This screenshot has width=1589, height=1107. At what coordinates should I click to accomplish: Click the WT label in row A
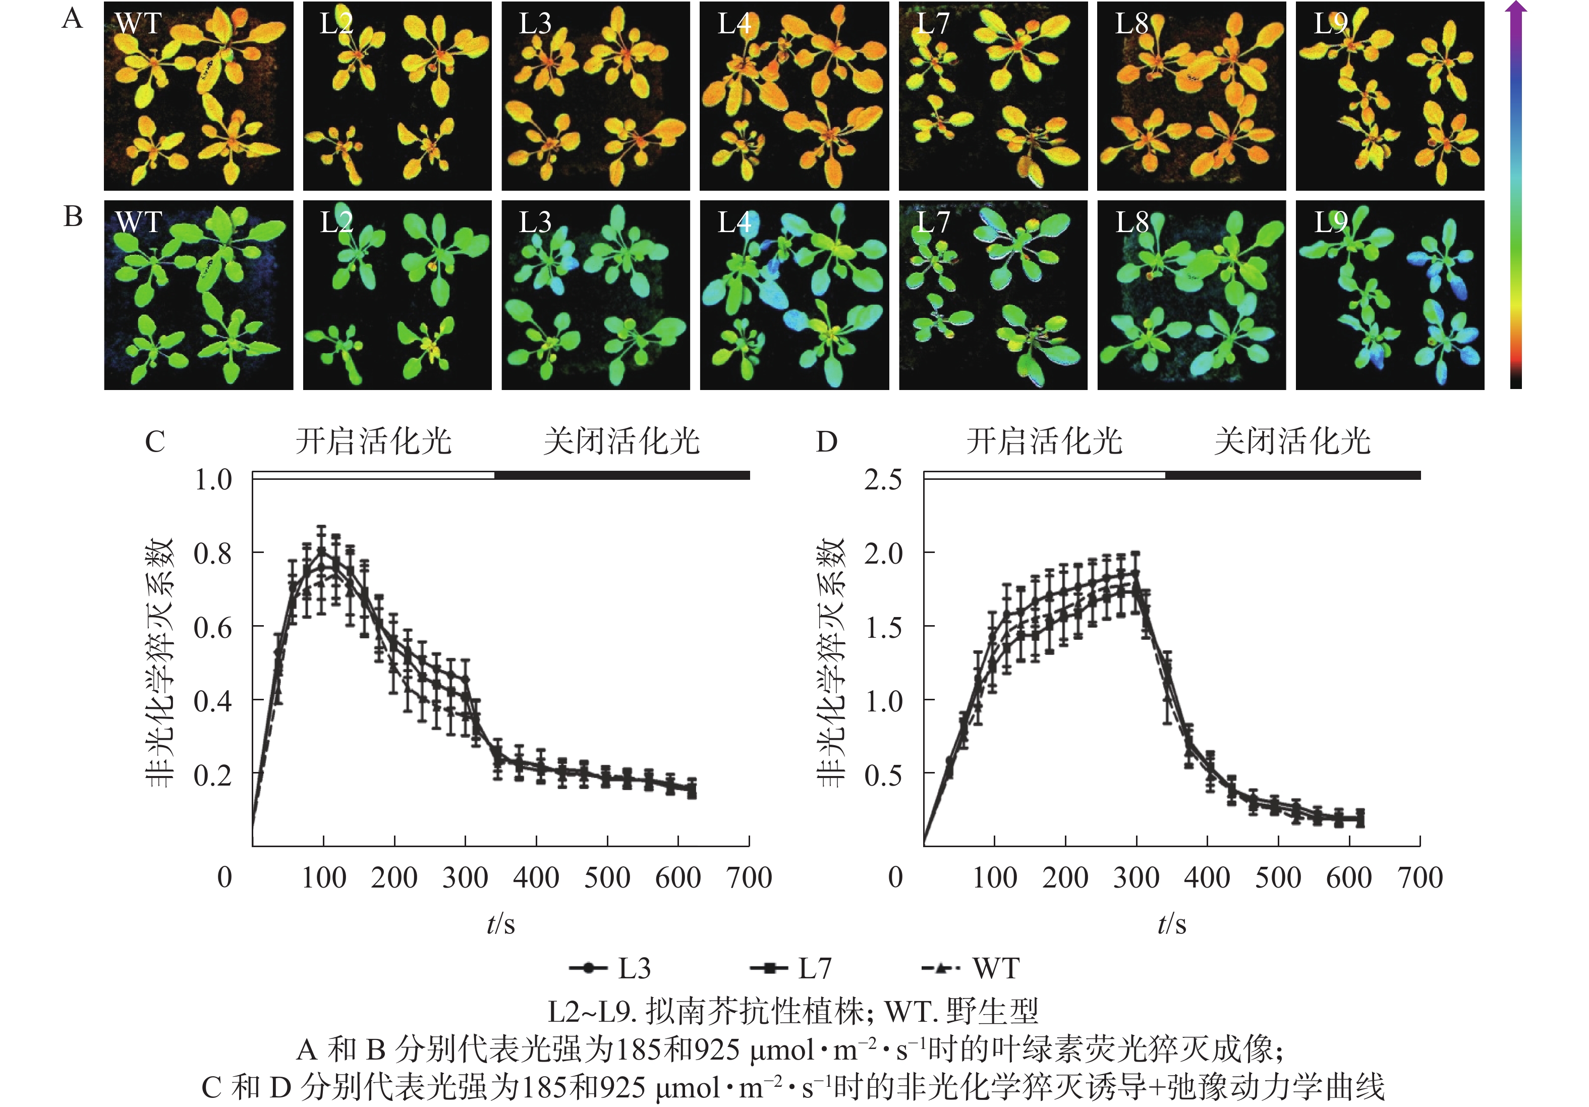point(138,24)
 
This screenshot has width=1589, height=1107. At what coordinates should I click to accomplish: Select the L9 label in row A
point(1330,24)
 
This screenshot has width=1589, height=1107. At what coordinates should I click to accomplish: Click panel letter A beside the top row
point(72,19)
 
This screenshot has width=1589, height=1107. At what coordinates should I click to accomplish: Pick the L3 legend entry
point(609,968)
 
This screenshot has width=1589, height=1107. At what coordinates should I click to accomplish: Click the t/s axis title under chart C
point(500,923)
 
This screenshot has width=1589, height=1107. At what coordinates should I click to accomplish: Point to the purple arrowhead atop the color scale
point(1516,8)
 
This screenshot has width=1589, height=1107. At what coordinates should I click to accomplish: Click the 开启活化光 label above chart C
point(374,441)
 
